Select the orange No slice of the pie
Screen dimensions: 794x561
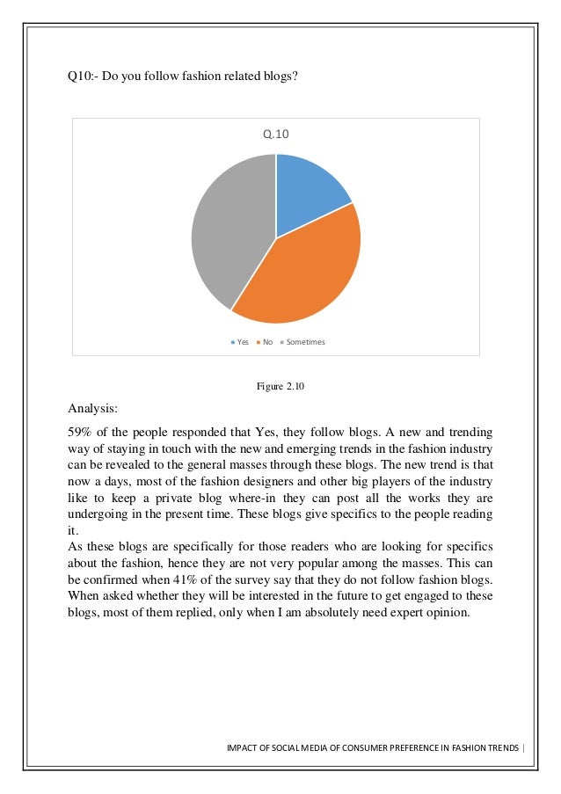coord(303,273)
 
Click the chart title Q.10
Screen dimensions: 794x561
coord(276,135)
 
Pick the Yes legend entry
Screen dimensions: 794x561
coord(239,342)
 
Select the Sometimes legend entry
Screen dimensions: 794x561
coord(302,342)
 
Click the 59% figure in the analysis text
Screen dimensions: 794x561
coord(82,433)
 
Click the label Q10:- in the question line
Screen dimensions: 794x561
coord(84,76)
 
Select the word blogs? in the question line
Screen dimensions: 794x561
coord(280,76)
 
